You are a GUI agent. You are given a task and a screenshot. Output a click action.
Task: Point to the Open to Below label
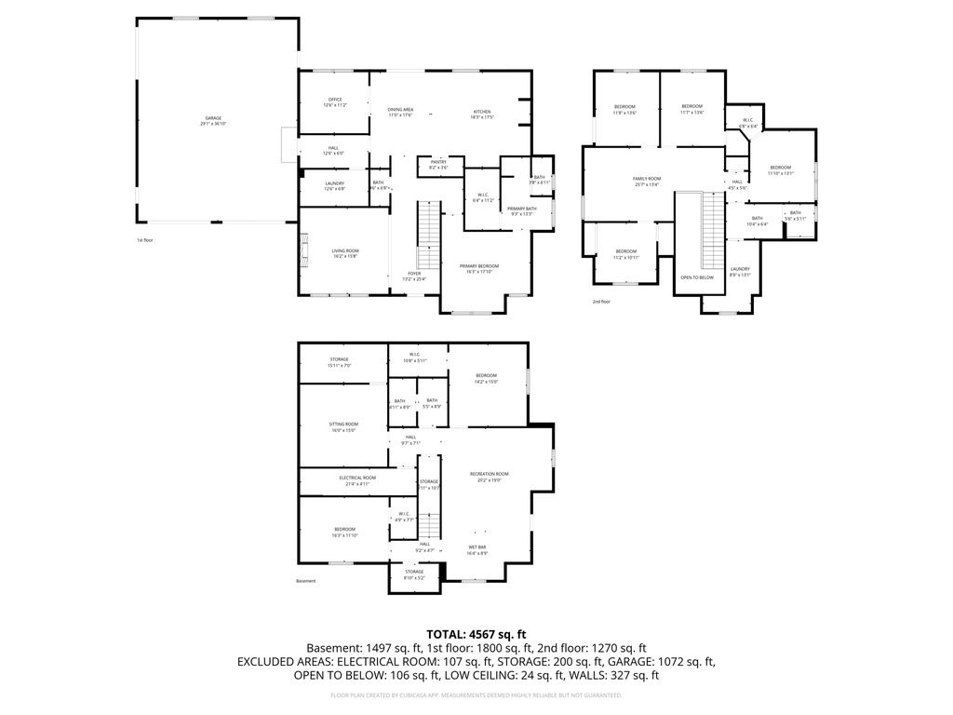point(697,277)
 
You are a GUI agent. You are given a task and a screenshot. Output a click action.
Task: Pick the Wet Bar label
point(476,550)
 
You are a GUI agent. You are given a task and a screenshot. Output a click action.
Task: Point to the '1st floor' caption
point(145,240)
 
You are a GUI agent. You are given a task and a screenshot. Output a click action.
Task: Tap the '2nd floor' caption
point(601,302)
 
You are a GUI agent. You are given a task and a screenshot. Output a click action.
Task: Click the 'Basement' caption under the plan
point(306,581)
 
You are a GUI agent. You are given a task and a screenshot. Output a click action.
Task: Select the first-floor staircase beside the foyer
point(427,233)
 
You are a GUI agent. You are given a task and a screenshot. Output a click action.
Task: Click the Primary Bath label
point(521,210)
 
